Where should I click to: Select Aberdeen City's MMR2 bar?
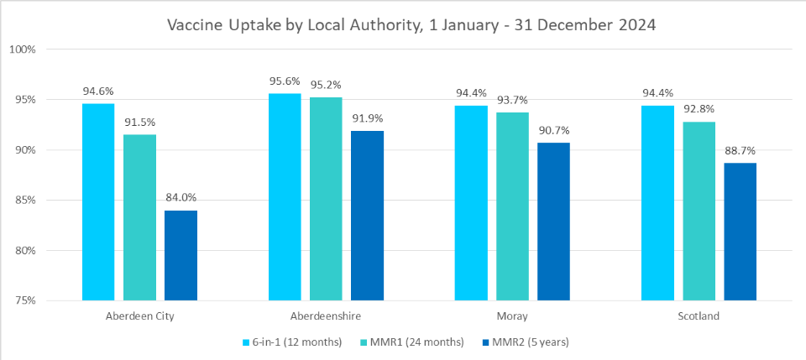pyautogui.click(x=181, y=255)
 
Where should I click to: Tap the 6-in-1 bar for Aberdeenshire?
pyautogui.click(x=285, y=196)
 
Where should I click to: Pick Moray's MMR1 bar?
pyautogui.click(x=512, y=206)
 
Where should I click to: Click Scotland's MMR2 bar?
pyautogui.click(x=740, y=232)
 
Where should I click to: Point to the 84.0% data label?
pyautogui.click(x=181, y=197)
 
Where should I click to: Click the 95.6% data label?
pyautogui.click(x=285, y=81)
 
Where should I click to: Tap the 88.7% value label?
pyautogui.click(x=740, y=150)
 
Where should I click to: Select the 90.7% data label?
pyautogui.click(x=554, y=130)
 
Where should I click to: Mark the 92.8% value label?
pyautogui.click(x=699, y=109)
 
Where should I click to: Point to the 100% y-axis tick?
pyautogui.click(x=22, y=50)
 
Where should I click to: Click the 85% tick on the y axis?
pyautogui.click(x=24, y=201)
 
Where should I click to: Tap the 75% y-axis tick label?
pyautogui.click(x=24, y=301)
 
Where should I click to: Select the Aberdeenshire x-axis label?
pyautogui.click(x=326, y=316)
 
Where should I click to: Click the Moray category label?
pyautogui.click(x=512, y=316)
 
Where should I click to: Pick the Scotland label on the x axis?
pyautogui.click(x=699, y=316)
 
